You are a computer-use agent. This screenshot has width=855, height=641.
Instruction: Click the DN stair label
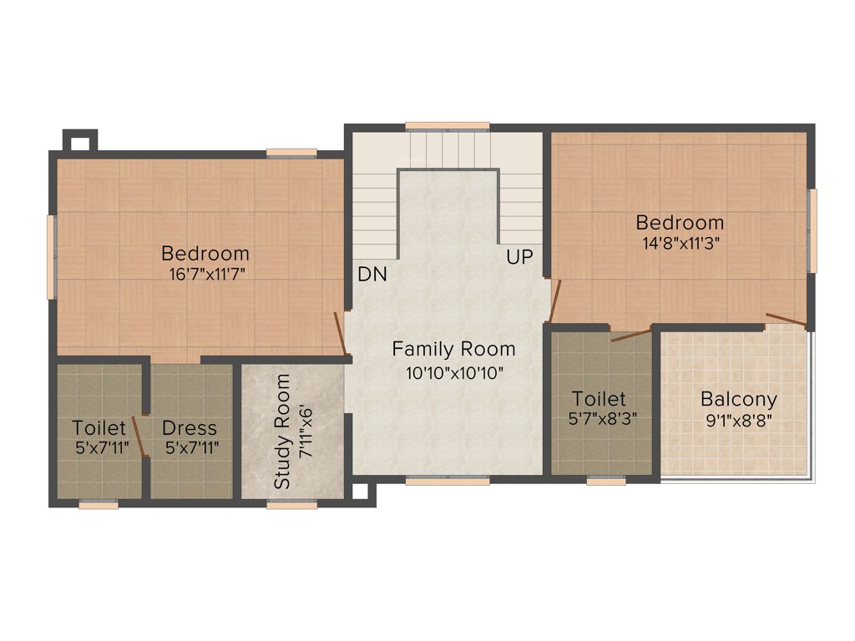click(372, 274)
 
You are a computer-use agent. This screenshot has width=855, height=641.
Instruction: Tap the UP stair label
click(519, 257)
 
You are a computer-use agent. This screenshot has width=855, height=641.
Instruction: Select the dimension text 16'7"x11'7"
click(205, 272)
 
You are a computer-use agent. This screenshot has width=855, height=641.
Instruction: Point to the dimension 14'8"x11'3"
click(679, 243)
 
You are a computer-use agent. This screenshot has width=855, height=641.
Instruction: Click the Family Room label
click(453, 349)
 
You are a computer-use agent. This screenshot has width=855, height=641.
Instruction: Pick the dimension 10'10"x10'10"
click(454, 373)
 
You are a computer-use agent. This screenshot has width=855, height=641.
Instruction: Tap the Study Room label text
click(283, 432)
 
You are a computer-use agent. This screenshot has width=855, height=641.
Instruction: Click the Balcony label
click(738, 399)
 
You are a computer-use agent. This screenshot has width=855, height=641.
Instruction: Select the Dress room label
click(190, 428)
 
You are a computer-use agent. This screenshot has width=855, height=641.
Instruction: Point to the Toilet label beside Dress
click(99, 428)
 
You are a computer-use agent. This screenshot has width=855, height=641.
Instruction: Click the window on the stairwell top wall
click(447, 126)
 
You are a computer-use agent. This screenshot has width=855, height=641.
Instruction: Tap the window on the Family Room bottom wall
click(448, 481)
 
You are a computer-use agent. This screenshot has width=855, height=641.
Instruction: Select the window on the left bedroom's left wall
click(51, 257)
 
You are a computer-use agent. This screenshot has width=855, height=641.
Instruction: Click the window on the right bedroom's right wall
click(812, 230)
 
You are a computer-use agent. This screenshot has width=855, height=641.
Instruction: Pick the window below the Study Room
click(291, 503)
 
